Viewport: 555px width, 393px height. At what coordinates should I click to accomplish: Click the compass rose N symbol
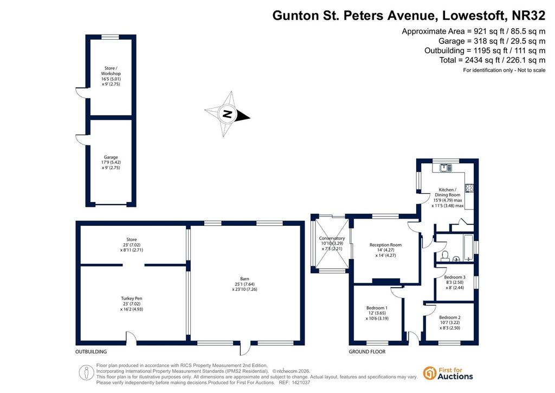coord(228,114)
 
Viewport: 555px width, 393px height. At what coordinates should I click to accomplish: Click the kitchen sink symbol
coord(446,167)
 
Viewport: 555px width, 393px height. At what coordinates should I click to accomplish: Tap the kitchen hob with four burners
coord(469,188)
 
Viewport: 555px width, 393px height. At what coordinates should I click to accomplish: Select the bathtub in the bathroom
coord(468,248)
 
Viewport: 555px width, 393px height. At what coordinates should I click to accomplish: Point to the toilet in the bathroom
coord(445,256)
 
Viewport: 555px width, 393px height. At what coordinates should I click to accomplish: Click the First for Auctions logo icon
coord(430,373)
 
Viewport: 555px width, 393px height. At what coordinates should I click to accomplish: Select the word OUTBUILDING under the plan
coord(91,352)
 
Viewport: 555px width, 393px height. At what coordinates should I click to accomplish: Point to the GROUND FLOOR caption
coord(367,352)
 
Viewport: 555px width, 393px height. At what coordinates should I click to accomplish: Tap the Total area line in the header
coord(492,60)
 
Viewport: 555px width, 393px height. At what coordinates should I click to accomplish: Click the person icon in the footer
coord(86,372)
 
